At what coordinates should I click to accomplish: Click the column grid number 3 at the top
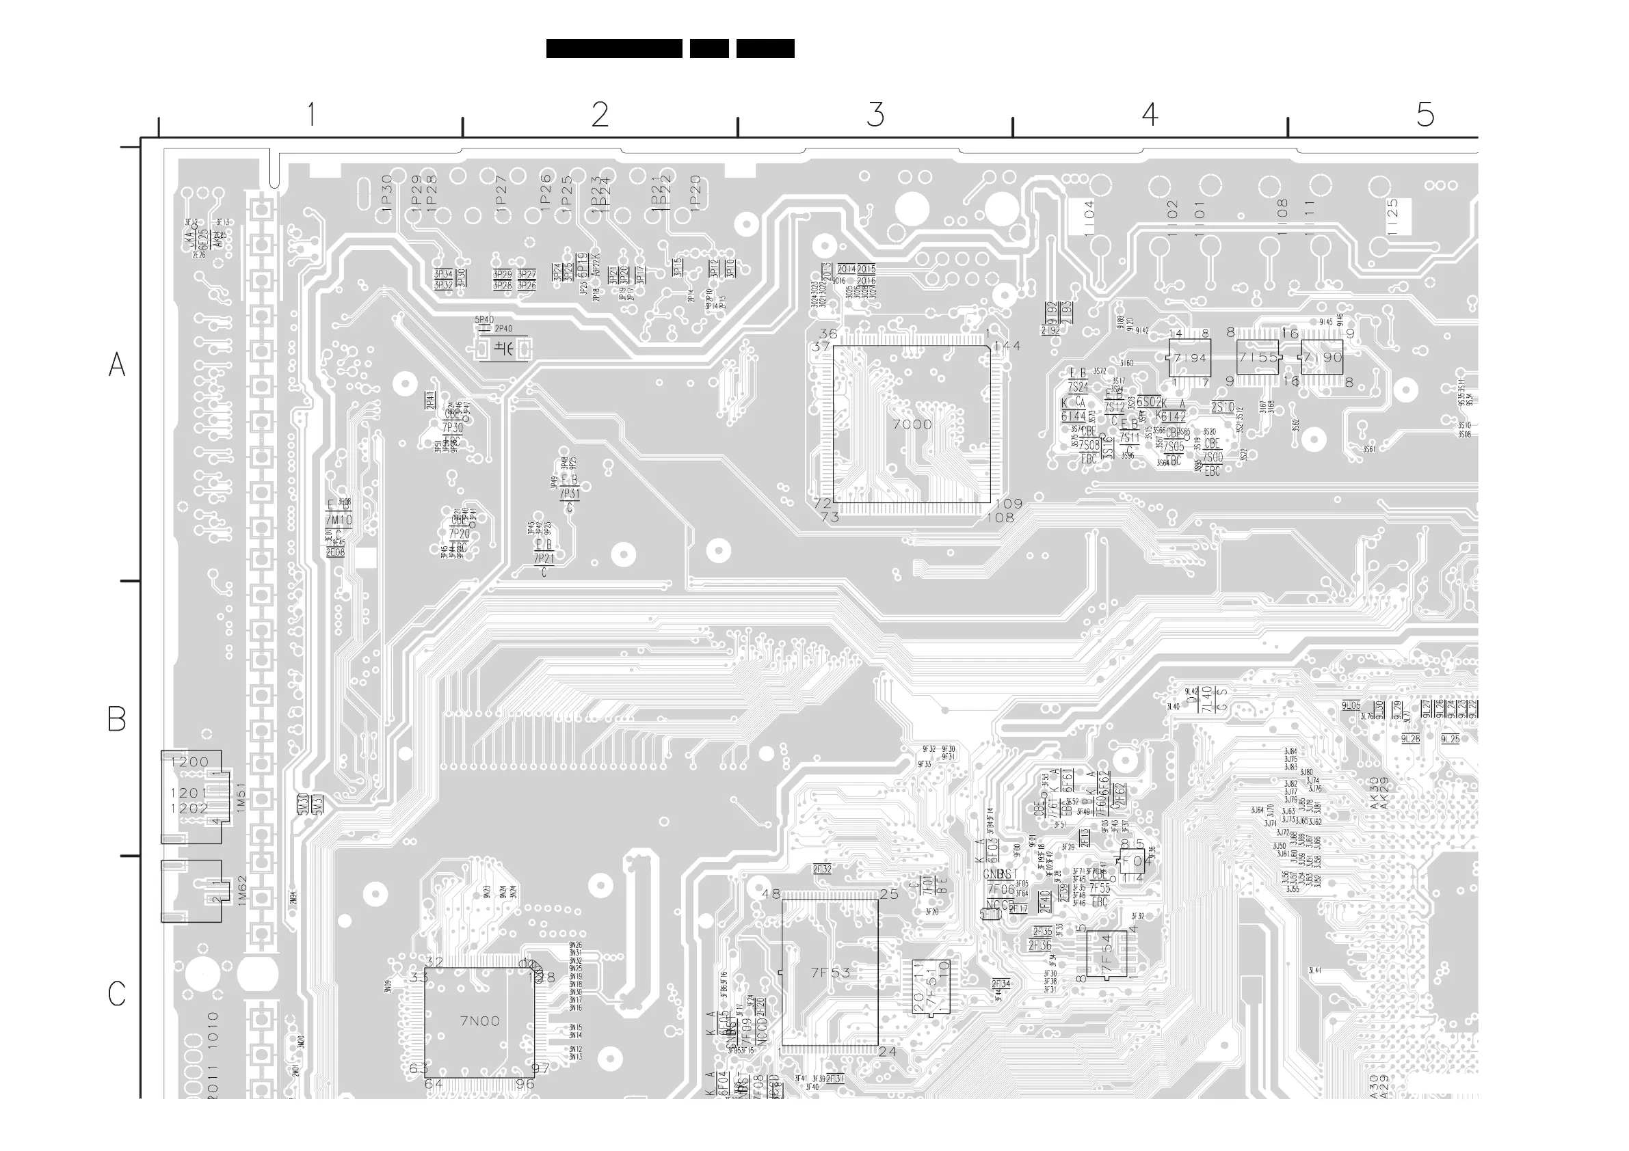pyautogui.click(x=875, y=114)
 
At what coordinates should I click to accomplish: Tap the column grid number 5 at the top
pyautogui.click(x=1425, y=114)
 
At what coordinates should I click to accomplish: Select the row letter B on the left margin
pyautogui.click(x=117, y=718)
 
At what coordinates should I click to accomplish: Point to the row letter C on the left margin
pyautogui.click(x=117, y=994)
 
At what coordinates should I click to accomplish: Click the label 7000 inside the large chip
pyautogui.click(x=912, y=424)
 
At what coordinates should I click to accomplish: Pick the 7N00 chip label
pyautogui.click(x=479, y=1021)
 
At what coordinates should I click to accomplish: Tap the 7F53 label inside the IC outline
pyautogui.click(x=830, y=973)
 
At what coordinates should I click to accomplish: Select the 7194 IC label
pyautogui.click(x=1190, y=358)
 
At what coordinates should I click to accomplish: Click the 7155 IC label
pyautogui.click(x=1257, y=358)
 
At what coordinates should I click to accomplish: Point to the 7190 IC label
pyautogui.click(x=1323, y=358)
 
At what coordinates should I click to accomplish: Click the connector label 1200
pyautogui.click(x=189, y=761)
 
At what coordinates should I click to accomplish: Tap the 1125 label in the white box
pyautogui.click(x=1393, y=216)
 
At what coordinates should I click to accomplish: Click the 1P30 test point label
pyautogui.click(x=386, y=191)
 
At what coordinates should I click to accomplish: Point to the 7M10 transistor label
pyautogui.click(x=339, y=520)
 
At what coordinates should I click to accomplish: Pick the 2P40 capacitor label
pyautogui.click(x=503, y=328)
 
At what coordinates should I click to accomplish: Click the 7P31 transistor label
pyautogui.click(x=569, y=493)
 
